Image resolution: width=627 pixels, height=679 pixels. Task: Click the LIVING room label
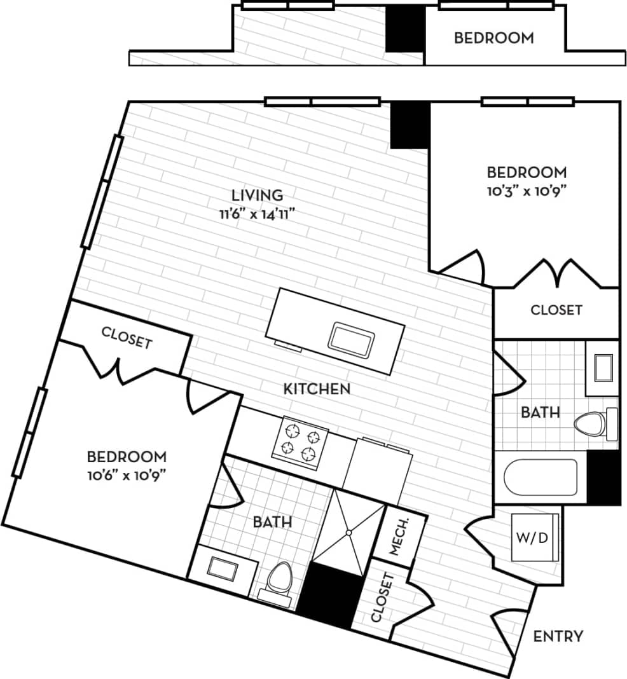click(256, 195)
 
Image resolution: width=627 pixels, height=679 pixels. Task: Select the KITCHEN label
click(317, 388)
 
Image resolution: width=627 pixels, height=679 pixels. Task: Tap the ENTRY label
click(558, 636)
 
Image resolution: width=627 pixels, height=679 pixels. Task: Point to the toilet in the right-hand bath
click(591, 423)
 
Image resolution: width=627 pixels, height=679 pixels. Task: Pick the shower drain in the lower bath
click(348, 532)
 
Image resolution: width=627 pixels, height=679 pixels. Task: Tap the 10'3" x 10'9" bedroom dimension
click(527, 189)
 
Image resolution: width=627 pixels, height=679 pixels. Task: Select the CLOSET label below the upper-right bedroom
click(556, 310)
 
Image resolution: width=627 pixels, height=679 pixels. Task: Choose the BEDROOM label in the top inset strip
click(493, 38)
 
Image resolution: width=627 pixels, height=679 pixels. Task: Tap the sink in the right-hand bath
click(603, 367)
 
